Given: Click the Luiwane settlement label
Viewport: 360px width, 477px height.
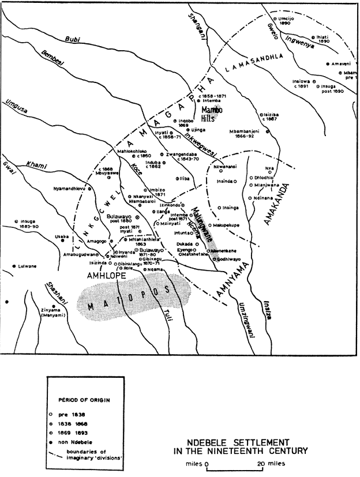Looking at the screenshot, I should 27,266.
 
